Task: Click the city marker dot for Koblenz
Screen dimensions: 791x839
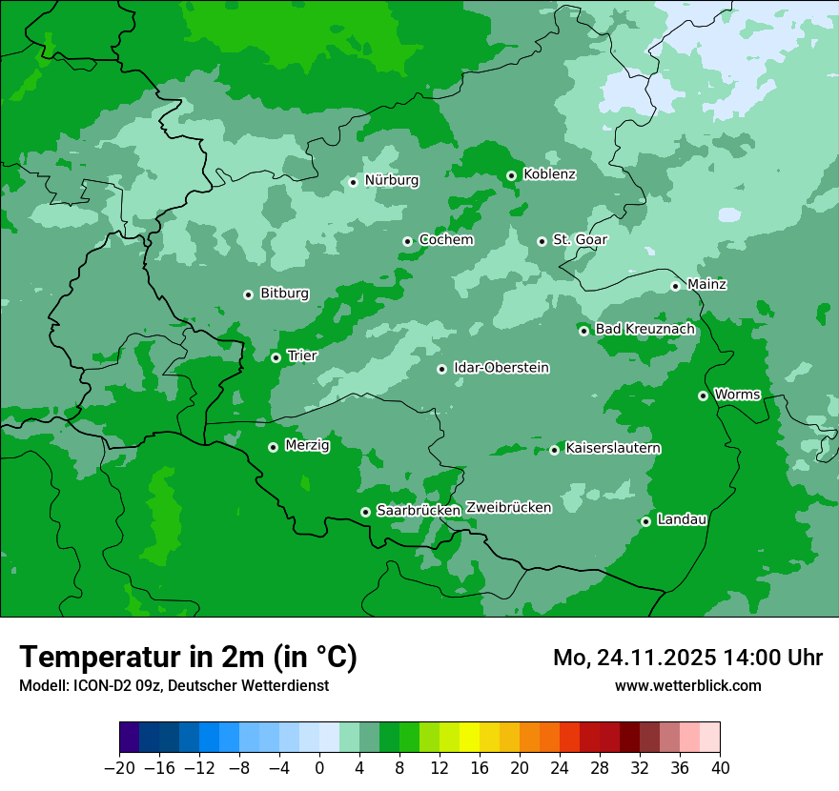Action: coord(511,175)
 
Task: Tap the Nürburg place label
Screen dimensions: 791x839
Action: coord(391,180)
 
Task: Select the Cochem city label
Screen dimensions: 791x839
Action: coord(446,240)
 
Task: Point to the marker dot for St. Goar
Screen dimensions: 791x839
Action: coord(542,241)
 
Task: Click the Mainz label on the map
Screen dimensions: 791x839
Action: coord(706,284)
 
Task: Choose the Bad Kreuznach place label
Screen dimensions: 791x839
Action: coord(645,329)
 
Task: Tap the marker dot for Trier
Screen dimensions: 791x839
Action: coord(276,357)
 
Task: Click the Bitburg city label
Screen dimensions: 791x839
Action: coord(284,294)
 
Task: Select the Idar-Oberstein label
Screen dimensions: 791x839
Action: coord(501,368)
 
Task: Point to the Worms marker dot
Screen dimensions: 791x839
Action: coord(703,395)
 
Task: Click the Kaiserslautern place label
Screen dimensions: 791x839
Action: coord(613,448)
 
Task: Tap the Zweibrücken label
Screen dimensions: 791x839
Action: coord(508,508)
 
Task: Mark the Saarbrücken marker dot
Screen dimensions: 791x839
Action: coord(365,512)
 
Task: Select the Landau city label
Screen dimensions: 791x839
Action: coord(682,519)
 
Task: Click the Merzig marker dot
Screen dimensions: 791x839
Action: coord(273,447)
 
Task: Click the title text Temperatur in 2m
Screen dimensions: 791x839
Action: coord(188,657)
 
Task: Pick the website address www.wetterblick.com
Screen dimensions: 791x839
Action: coord(687,685)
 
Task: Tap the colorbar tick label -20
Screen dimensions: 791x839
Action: coord(119,768)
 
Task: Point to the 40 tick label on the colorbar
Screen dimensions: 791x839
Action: coord(720,768)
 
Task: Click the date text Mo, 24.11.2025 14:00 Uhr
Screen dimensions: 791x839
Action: coord(687,658)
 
